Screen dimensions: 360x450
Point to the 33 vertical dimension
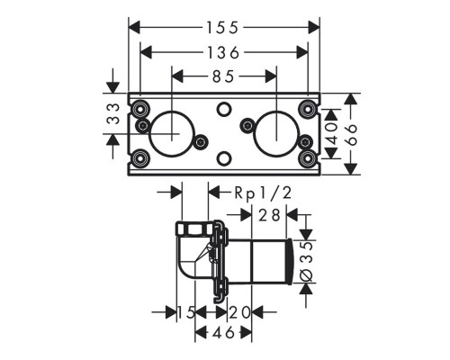tap(114, 113)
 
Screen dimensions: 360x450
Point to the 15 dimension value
tap(186, 312)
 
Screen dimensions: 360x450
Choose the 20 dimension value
tap(238, 312)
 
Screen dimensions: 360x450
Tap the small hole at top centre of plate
tap(223, 111)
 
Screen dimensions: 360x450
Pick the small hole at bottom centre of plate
tap(223, 159)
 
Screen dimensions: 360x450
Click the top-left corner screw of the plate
tap(141, 110)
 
